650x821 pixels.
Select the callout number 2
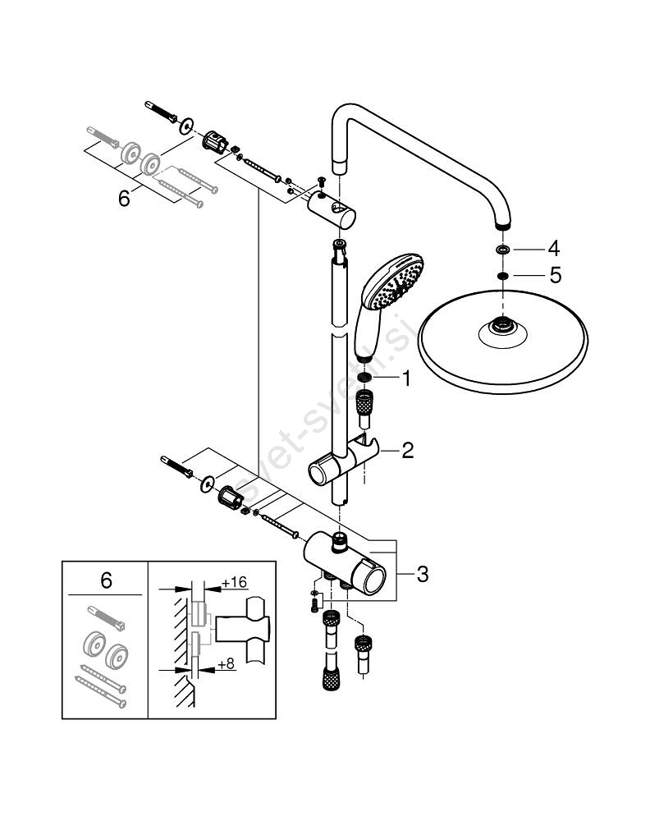pos(407,450)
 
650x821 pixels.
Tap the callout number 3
pos(422,574)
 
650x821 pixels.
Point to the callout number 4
pos(554,247)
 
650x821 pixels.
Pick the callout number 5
pos(555,276)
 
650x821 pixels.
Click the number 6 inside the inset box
pos(105,580)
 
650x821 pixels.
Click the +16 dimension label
pos(235,582)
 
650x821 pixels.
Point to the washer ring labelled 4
pos(502,249)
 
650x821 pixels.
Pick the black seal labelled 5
pos(502,277)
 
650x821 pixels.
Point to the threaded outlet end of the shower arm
pos(502,222)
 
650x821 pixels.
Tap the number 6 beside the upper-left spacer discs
pos(124,200)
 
